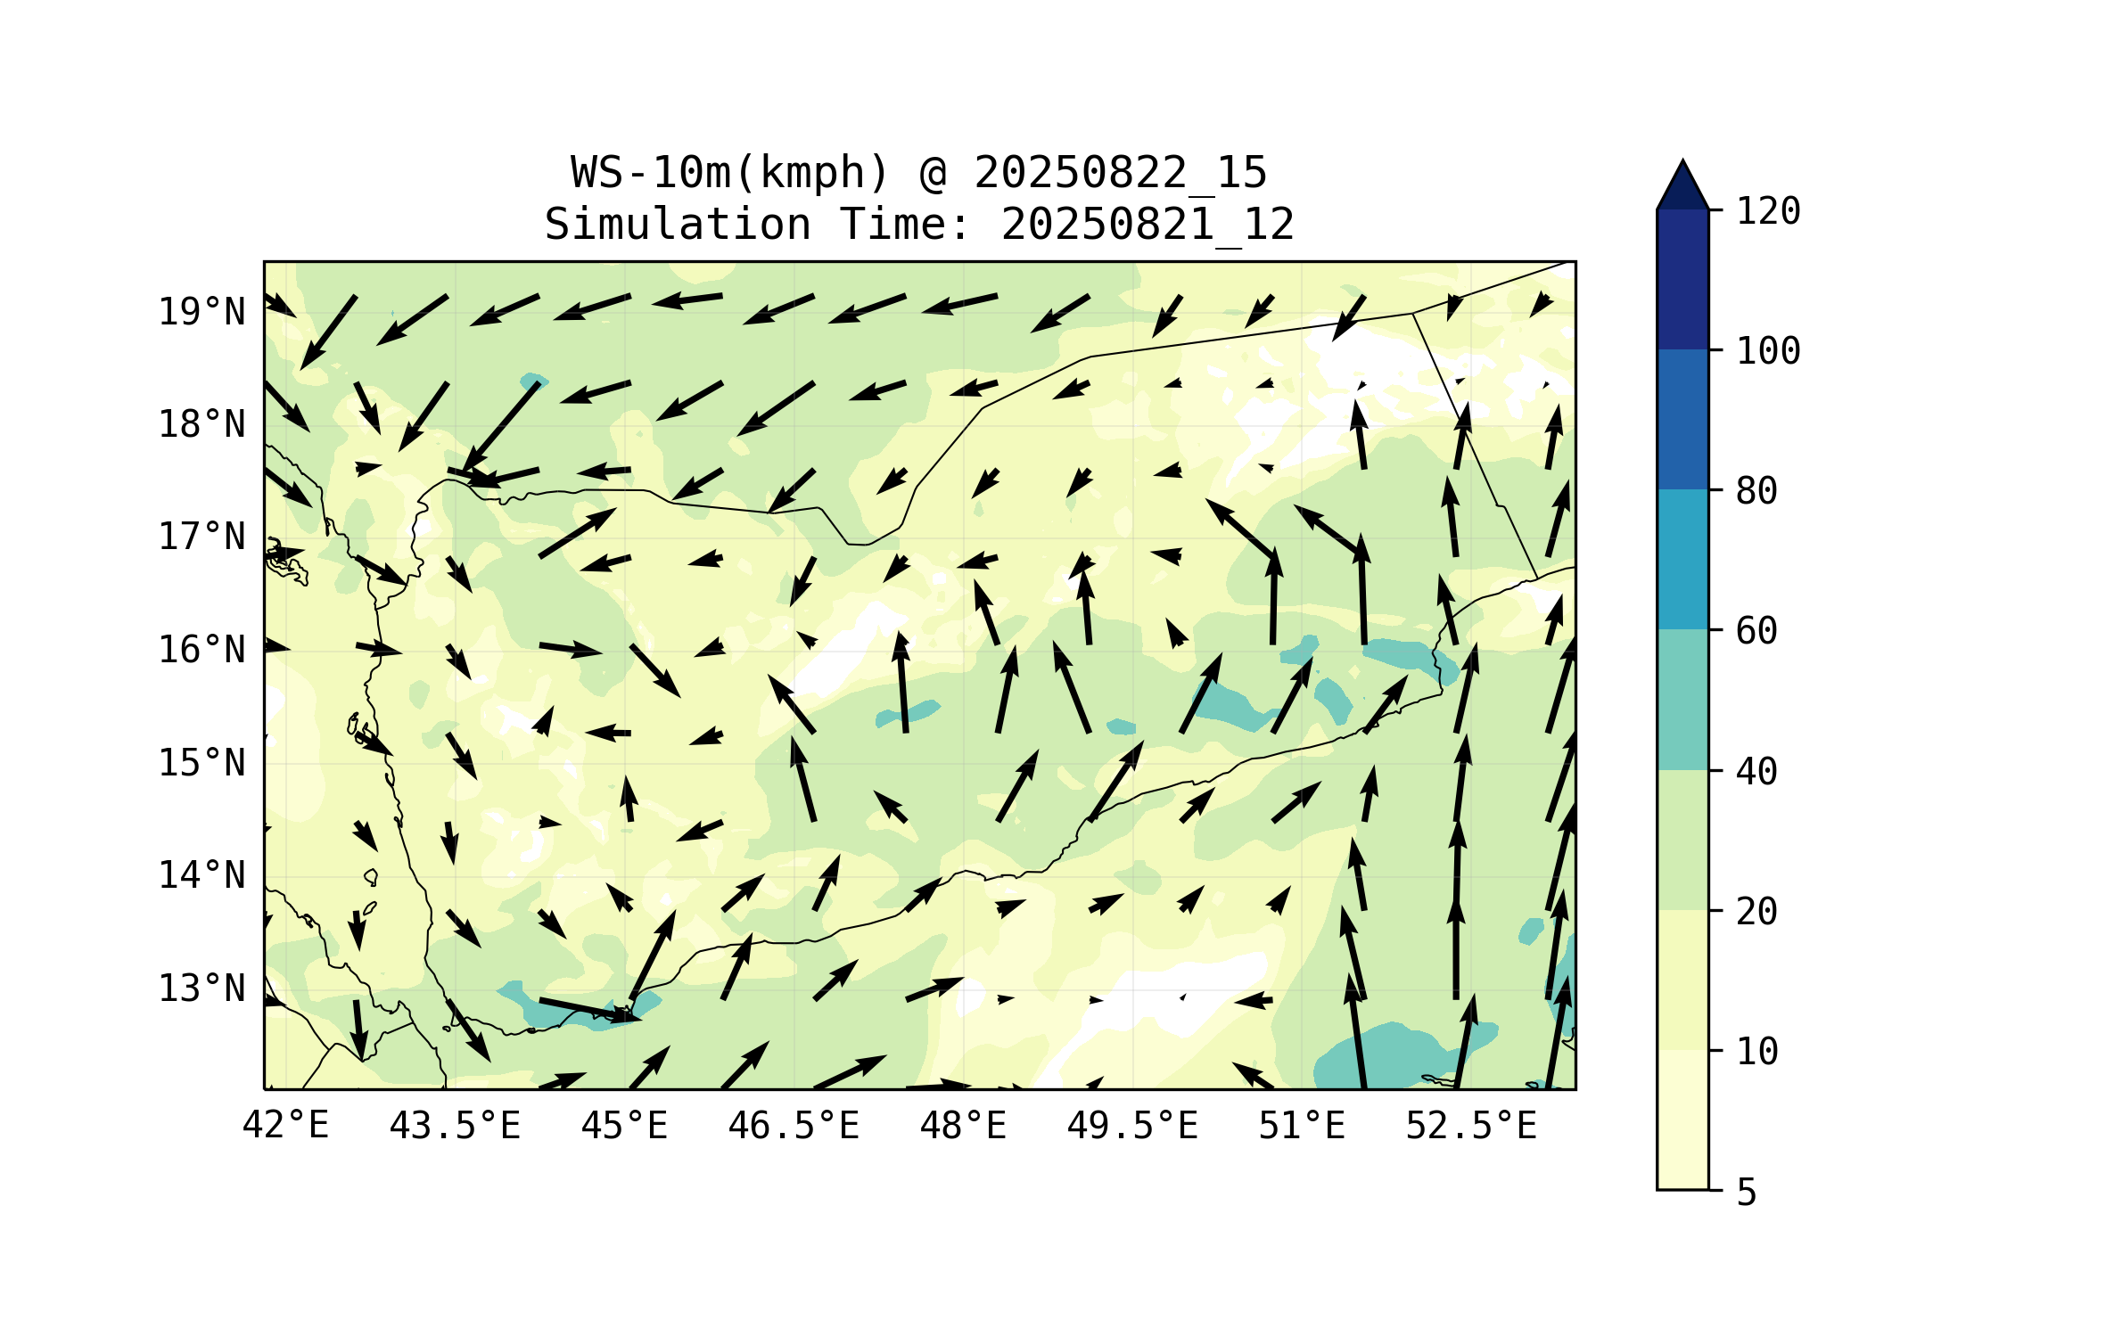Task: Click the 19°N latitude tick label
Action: click(202, 312)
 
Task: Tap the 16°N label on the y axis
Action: click(202, 651)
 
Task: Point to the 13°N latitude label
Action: click(202, 989)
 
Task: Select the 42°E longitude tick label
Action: click(285, 1126)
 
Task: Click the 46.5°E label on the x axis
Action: click(794, 1126)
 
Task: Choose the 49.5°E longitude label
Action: click(1132, 1126)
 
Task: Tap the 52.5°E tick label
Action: click(1471, 1126)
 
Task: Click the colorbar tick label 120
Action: click(1768, 211)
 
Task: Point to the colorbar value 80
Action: click(1756, 491)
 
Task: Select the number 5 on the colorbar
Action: click(1747, 1193)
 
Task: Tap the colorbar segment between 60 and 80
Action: click(1682, 560)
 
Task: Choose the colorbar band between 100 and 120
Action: click(1682, 279)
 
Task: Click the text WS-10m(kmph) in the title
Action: click(730, 173)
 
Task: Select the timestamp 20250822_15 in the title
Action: click(1120, 173)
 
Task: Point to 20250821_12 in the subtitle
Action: click(1147, 225)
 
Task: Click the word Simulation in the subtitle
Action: click(678, 225)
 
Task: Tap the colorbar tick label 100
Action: click(1768, 351)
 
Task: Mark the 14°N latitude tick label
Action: click(202, 876)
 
